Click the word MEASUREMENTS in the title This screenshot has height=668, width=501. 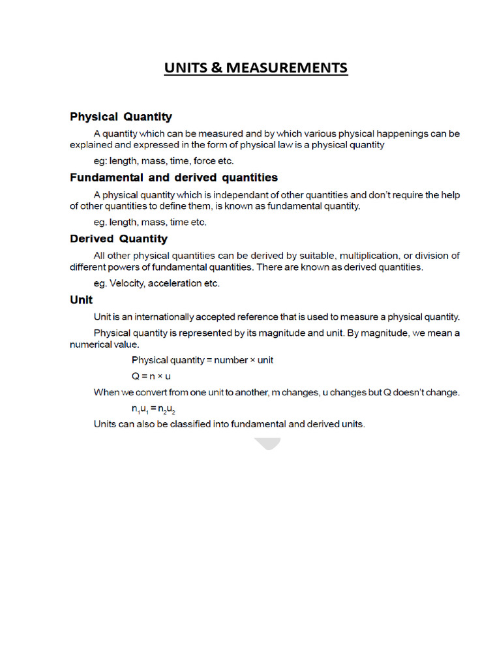tap(287, 68)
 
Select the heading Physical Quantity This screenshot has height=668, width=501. tap(121, 117)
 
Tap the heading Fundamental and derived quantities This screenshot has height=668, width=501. tap(174, 177)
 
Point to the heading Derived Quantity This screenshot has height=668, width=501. tap(119, 239)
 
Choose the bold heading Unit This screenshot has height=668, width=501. tap(82, 300)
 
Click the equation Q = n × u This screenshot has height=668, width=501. tap(151, 376)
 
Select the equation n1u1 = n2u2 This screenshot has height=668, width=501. tap(153, 409)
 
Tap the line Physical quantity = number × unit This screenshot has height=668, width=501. tap(202, 359)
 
